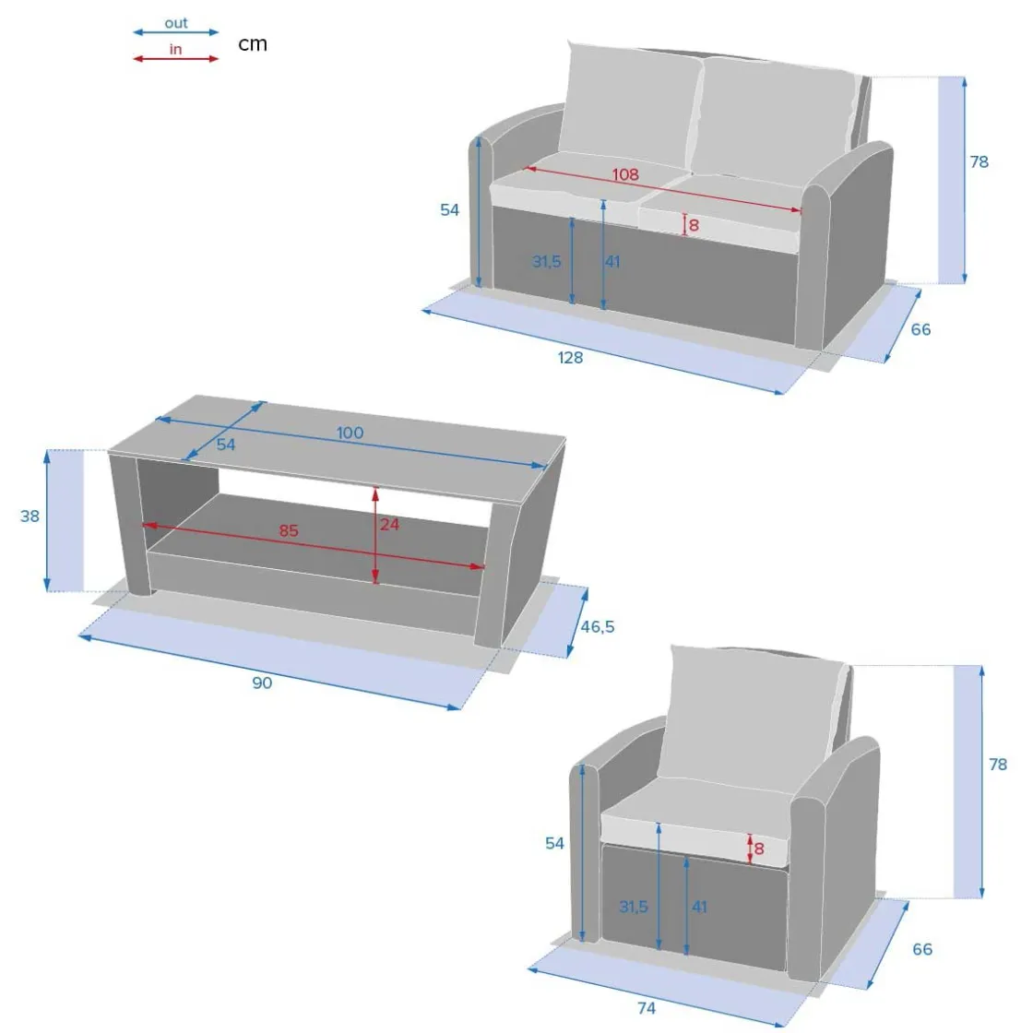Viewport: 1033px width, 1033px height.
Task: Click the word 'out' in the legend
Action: [x=176, y=23]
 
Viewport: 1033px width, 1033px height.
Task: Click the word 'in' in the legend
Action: [x=175, y=50]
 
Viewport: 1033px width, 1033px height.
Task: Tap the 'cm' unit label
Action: [x=253, y=44]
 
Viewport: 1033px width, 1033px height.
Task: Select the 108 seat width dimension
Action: [x=625, y=174]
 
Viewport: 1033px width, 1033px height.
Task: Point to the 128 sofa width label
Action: [x=571, y=358]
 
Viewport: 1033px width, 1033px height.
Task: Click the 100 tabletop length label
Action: [x=350, y=433]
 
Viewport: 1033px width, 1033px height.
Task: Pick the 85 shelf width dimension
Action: [x=289, y=530]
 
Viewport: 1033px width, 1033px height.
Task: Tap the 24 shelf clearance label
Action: [x=389, y=525]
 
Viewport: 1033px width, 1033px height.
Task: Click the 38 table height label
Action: [x=30, y=516]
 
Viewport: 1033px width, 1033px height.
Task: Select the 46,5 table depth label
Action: [x=598, y=626]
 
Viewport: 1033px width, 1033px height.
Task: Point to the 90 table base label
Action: [x=262, y=683]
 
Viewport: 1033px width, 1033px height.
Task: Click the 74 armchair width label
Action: [x=647, y=1008]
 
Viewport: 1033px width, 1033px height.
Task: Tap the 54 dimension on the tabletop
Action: [x=226, y=445]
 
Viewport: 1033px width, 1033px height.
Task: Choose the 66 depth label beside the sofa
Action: [x=921, y=329]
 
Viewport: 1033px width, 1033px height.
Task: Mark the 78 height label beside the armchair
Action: [x=998, y=765]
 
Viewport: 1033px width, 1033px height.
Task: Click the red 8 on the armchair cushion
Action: [x=759, y=849]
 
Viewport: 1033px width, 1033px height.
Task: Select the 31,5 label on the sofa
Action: [x=547, y=262]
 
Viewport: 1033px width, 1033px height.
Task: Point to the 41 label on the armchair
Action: [x=700, y=908]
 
